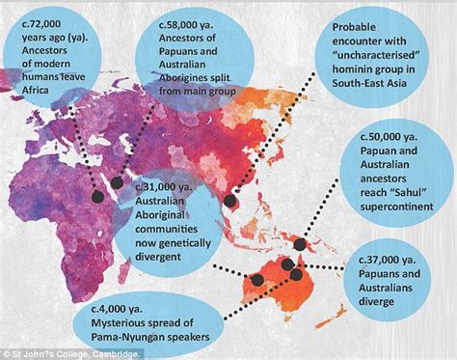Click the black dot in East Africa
97,196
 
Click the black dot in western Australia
258,280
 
